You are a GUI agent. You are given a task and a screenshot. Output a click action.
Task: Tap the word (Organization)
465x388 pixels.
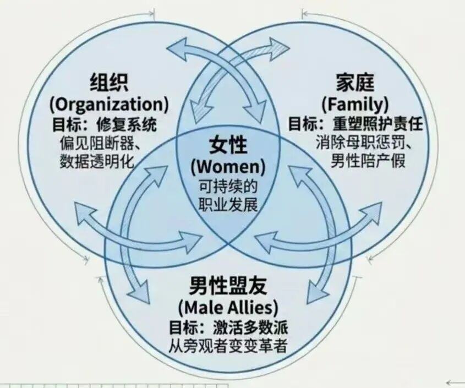[x=109, y=105]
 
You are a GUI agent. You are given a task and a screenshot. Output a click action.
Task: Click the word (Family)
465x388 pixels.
[x=355, y=105]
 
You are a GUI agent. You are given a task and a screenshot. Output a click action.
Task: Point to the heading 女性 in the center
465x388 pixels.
[x=228, y=145]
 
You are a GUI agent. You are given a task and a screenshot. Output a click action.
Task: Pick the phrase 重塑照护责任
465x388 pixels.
[x=377, y=124]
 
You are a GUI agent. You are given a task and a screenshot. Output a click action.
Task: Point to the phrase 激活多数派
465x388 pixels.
[x=250, y=329]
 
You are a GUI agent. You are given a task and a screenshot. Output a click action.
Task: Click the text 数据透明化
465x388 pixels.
[x=97, y=161]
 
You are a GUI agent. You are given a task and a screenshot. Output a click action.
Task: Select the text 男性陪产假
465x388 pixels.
[x=368, y=161]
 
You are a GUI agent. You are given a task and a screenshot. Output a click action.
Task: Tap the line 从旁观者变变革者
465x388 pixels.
[x=228, y=346]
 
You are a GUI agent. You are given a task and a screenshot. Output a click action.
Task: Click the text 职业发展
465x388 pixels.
[x=228, y=204]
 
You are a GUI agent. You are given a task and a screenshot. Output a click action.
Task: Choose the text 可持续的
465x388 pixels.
[x=228, y=187]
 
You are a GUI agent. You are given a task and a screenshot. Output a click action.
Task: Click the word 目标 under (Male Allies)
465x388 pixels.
[x=184, y=329]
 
